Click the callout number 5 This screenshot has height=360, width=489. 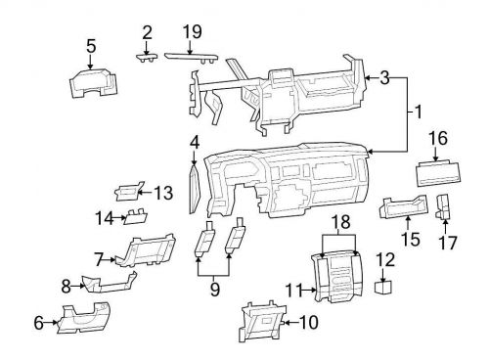tap(91, 44)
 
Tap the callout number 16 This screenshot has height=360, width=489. tap(436, 140)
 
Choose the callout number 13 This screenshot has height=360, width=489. tap(162, 192)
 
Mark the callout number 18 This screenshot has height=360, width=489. tap(340, 224)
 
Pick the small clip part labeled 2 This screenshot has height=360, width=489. tap(146, 58)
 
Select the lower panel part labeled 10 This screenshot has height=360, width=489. tap(262, 321)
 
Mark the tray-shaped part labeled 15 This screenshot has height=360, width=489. tap(403, 208)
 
